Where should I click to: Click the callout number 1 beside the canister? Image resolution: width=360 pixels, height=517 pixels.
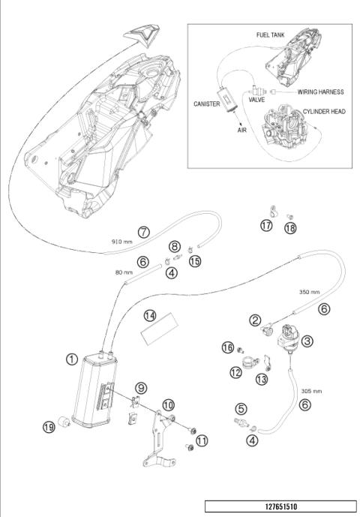click(x=72, y=359)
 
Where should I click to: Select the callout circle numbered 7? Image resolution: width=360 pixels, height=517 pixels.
click(x=144, y=232)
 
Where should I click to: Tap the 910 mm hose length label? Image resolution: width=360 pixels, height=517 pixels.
click(x=121, y=242)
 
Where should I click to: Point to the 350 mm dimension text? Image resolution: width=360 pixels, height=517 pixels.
click(x=309, y=292)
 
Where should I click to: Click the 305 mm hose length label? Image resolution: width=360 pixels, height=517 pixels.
click(x=311, y=391)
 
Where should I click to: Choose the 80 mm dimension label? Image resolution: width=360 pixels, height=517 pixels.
click(x=124, y=272)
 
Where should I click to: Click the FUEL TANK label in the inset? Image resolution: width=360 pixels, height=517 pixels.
click(x=270, y=35)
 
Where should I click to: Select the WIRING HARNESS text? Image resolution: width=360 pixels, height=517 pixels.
click(x=320, y=92)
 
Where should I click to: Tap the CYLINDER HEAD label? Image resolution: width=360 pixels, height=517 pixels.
click(x=324, y=112)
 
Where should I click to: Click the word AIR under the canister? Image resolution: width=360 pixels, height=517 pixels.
click(x=242, y=130)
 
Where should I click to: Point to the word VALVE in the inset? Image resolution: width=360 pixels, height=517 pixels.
click(x=256, y=100)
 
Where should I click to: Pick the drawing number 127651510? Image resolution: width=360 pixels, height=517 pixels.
click(x=281, y=506)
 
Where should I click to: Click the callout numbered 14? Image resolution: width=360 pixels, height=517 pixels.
click(x=150, y=316)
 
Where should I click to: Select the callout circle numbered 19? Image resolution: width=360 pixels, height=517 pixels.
click(x=49, y=427)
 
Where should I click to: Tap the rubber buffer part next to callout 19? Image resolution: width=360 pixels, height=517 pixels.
click(x=64, y=422)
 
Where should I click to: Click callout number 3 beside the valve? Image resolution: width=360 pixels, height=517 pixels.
click(x=307, y=341)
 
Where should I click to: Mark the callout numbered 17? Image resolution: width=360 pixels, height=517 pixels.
click(x=266, y=226)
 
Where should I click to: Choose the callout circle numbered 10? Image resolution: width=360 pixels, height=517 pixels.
click(x=169, y=405)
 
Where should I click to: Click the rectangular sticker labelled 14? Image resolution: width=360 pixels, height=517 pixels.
click(x=160, y=329)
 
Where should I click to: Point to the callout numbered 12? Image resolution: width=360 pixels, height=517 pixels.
click(x=235, y=373)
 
